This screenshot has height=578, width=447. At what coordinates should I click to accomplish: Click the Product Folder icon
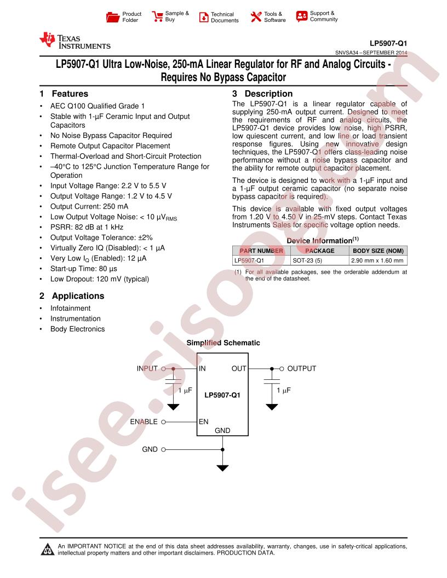pyautogui.click(x=112, y=17)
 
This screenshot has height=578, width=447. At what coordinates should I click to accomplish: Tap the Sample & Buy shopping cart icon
pyautogui.click(x=157, y=16)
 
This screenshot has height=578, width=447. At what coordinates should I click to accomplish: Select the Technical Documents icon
pyautogui.click(x=203, y=17)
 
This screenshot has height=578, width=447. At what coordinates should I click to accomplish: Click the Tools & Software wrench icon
pyautogui.click(x=256, y=17)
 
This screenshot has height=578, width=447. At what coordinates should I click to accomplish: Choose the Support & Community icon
pyautogui.click(x=302, y=16)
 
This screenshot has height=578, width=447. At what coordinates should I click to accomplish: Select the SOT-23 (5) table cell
pyautogui.click(x=307, y=261)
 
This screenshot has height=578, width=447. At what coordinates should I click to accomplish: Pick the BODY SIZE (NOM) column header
pyautogui.click(x=378, y=251)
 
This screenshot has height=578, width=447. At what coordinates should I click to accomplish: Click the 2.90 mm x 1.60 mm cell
pyautogui.click(x=377, y=261)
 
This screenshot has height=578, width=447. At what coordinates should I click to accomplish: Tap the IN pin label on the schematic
pyautogui.click(x=202, y=368)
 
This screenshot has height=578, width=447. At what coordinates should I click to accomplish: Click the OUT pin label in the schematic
pyautogui.click(x=239, y=368)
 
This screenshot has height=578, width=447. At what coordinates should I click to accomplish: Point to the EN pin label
pyautogui.click(x=203, y=422)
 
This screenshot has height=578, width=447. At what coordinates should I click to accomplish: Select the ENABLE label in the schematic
pyautogui.click(x=144, y=422)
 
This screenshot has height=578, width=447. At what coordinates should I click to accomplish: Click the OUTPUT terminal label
pyautogui.click(x=302, y=368)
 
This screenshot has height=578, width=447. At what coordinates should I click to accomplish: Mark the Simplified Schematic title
pyautogui.click(x=223, y=343)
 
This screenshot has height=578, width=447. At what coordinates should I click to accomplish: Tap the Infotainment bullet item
pyautogui.click(x=71, y=308)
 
